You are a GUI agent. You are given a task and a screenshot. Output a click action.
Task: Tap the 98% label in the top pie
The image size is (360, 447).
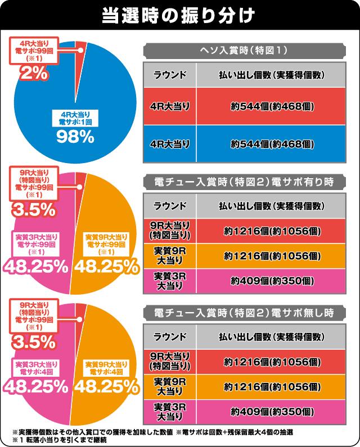tap(74, 136)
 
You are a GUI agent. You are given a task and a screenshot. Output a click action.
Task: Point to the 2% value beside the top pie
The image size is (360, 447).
tap(34, 72)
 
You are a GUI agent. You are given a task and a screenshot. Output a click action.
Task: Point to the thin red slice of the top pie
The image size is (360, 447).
tap(79, 51)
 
